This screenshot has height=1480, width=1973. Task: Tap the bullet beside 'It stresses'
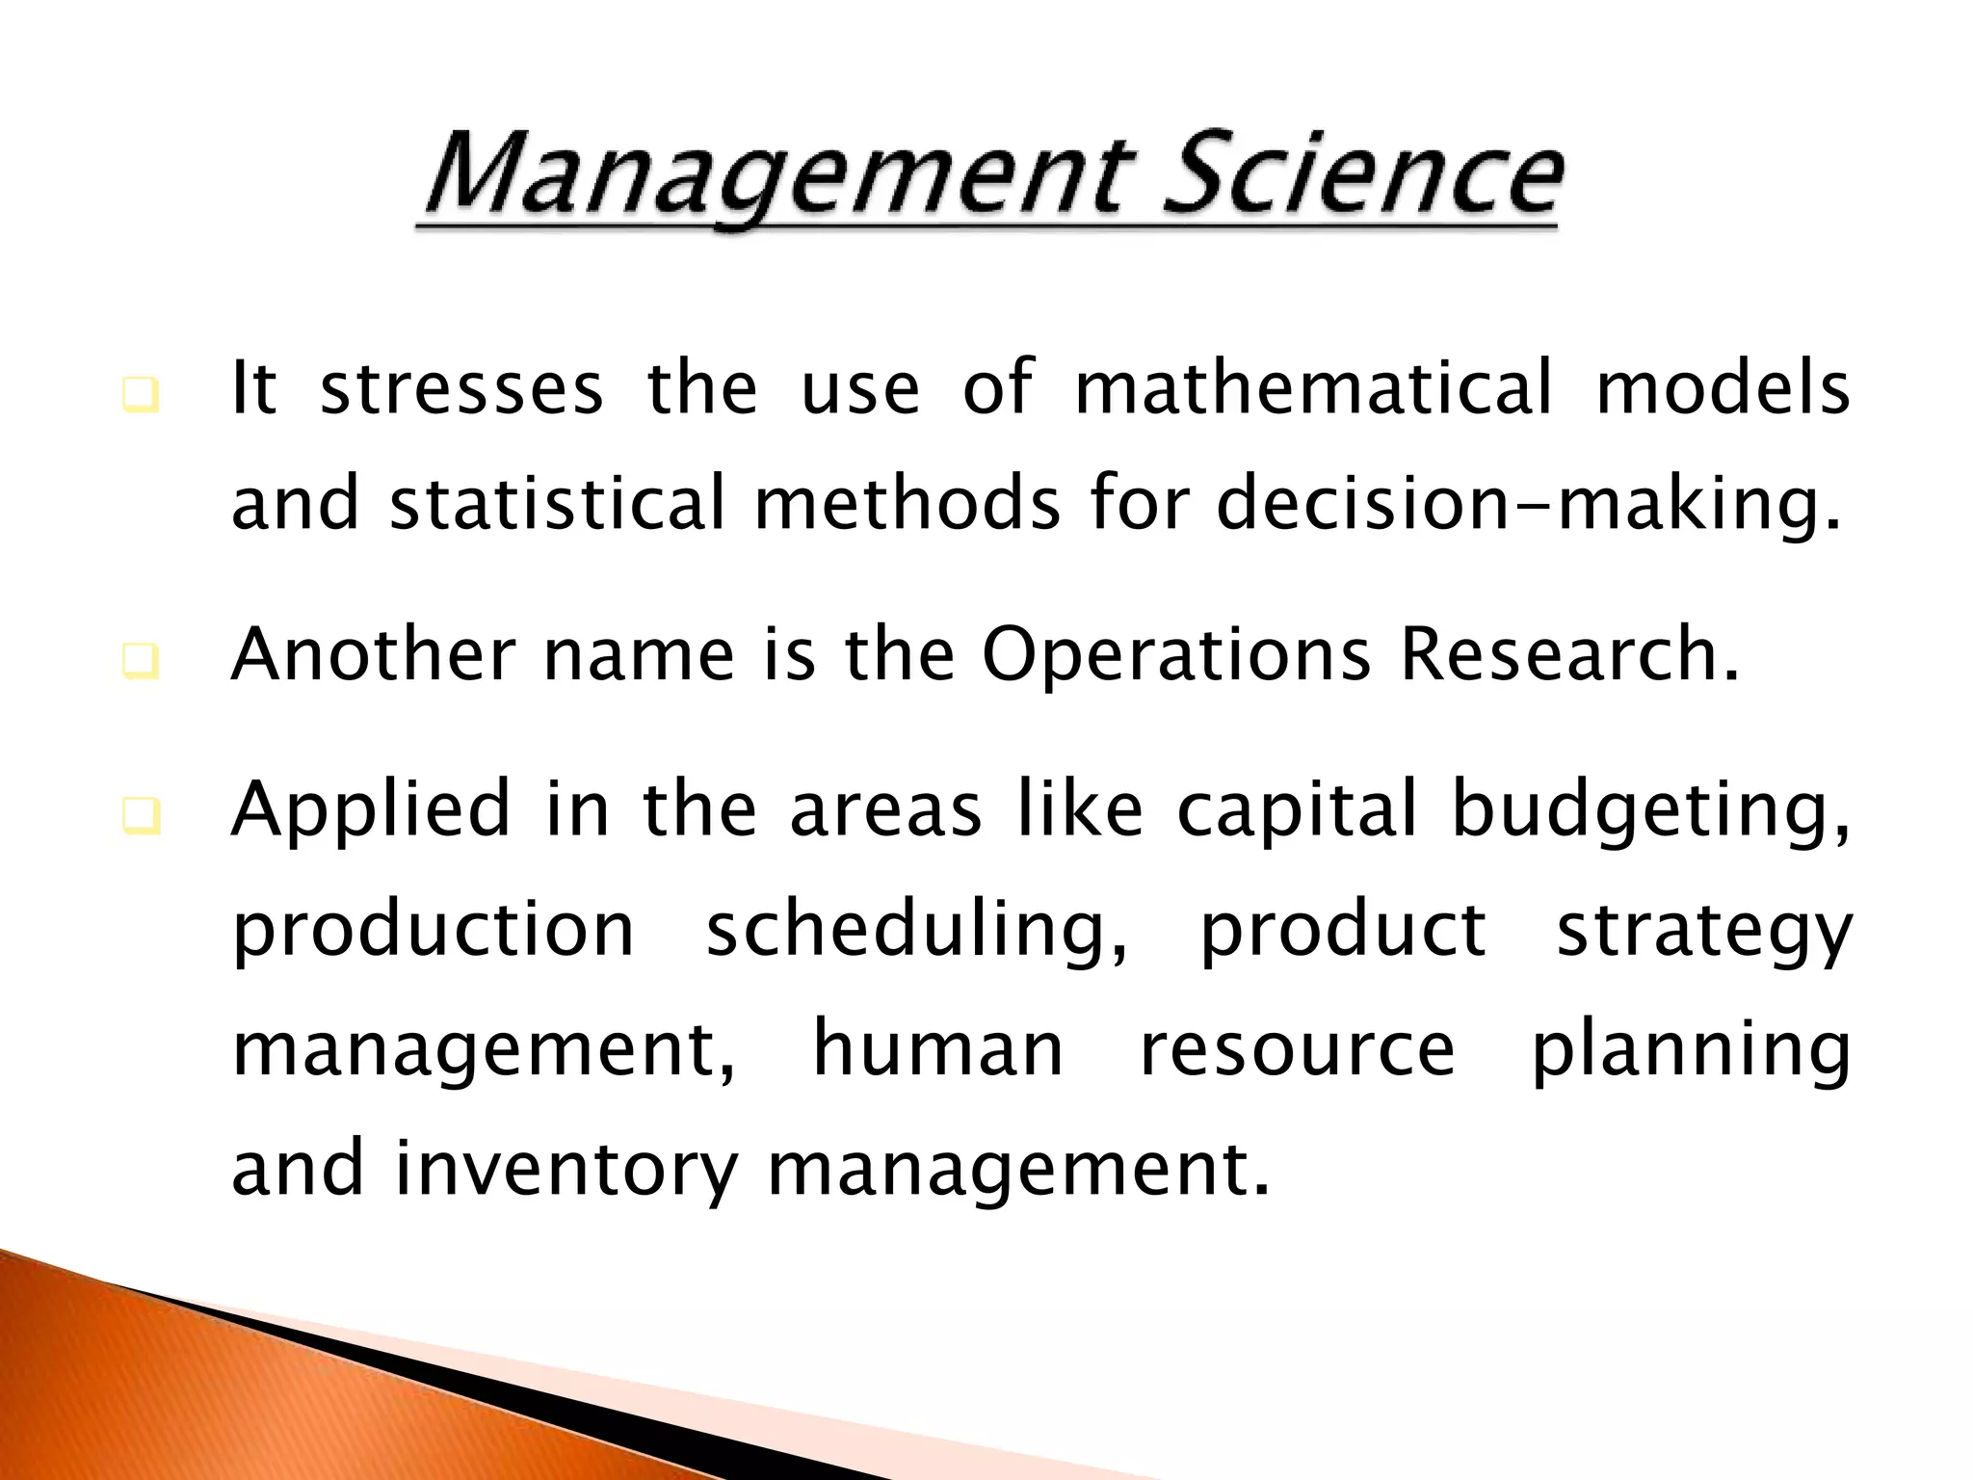pyautogui.click(x=141, y=396)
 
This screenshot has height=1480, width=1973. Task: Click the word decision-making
pyautogui.click(x=1529, y=503)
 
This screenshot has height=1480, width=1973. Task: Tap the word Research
pyautogui.click(x=1568, y=655)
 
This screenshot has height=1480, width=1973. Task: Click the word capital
pyautogui.click(x=1297, y=811)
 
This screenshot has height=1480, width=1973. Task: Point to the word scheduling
pyautogui.click(x=915, y=933)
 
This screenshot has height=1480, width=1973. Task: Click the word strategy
pyautogui.click(x=1703, y=933)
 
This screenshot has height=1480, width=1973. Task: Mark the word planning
pyautogui.click(x=1691, y=1052)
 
